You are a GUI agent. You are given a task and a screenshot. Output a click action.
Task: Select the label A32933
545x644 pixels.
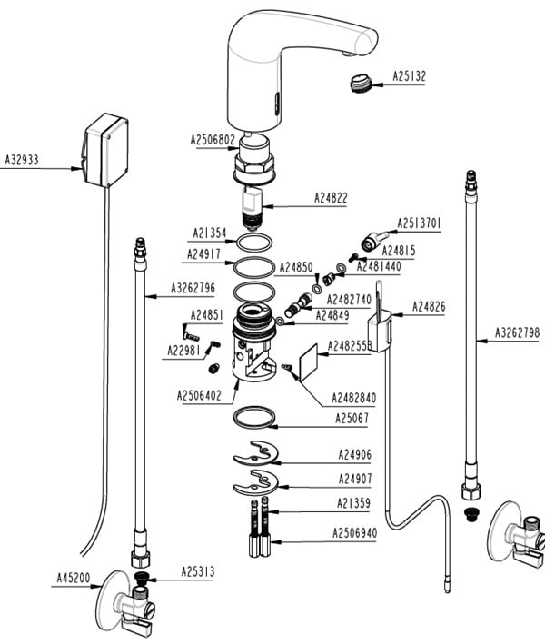(x=23, y=158)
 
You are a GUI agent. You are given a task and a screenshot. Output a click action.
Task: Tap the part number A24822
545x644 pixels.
(x=332, y=197)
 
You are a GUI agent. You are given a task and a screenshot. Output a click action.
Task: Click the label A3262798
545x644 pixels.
(x=517, y=332)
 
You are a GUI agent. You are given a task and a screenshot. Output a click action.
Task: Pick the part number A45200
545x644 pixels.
(x=74, y=575)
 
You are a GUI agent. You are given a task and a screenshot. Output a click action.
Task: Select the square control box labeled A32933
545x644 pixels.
(x=106, y=151)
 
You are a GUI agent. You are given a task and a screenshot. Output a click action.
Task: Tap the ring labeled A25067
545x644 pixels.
(x=255, y=417)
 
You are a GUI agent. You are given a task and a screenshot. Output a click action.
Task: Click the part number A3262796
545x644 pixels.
(x=193, y=289)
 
